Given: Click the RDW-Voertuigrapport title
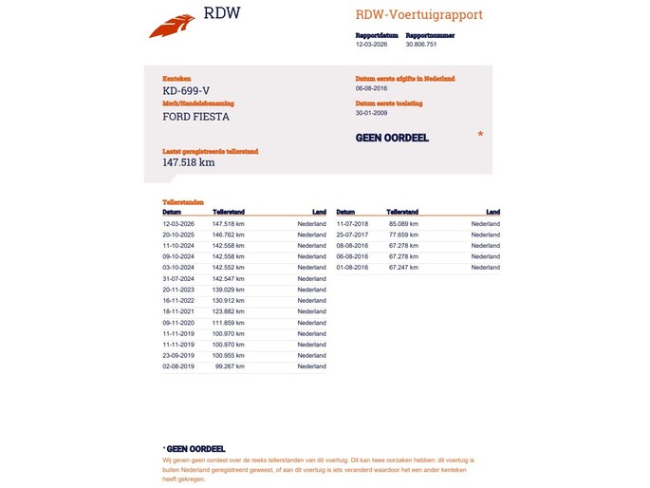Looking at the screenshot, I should pyautogui.click(x=418, y=15).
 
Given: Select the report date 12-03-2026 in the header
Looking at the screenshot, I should pyautogui.click(x=371, y=44).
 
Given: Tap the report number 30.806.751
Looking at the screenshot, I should pyautogui.click(x=421, y=44).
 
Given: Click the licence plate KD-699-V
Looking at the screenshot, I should pyautogui.click(x=187, y=90).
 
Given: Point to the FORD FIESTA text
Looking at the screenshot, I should pyautogui.click(x=196, y=117).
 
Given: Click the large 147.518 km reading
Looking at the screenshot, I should pyautogui.click(x=189, y=162).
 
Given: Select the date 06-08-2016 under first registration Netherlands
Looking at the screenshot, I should pyautogui.click(x=372, y=88).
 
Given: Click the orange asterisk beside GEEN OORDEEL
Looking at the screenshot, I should pyautogui.click(x=480, y=135).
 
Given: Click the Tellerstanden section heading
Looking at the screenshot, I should pyautogui.click(x=183, y=203).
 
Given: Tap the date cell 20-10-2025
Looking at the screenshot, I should pyautogui.click(x=178, y=235).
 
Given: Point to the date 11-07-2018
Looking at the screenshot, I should pyautogui.click(x=352, y=223).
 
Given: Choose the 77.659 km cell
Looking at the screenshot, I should pyautogui.click(x=403, y=235).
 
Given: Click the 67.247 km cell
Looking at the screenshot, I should pyautogui.click(x=403, y=268).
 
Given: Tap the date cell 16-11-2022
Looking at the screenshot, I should pyautogui.click(x=178, y=301).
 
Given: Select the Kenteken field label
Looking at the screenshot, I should pyautogui.click(x=177, y=78).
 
